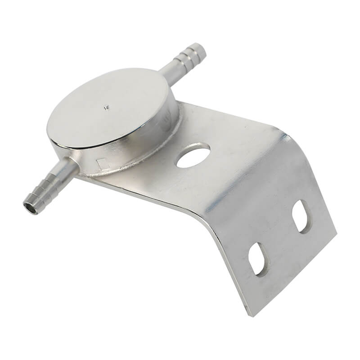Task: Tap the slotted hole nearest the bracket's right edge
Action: [x=300, y=216]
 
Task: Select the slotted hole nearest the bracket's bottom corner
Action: [x=258, y=259]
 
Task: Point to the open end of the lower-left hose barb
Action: [x=30, y=208]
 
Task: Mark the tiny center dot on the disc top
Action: [x=107, y=107]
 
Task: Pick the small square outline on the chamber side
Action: [x=103, y=164]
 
